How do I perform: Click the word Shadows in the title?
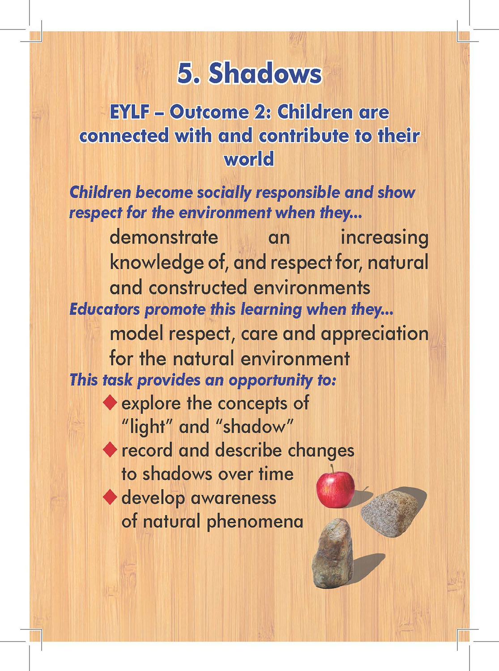point(264,73)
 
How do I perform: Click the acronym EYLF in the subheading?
point(130,112)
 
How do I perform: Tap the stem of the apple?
point(332,469)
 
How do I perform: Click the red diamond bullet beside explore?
point(110,403)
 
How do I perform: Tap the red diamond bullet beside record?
point(110,450)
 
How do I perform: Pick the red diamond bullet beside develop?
point(110,497)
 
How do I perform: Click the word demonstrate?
point(164,237)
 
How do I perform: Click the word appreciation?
point(375,334)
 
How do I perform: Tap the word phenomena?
point(255,522)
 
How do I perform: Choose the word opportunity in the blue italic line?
point(270,380)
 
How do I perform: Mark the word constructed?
point(198,288)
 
